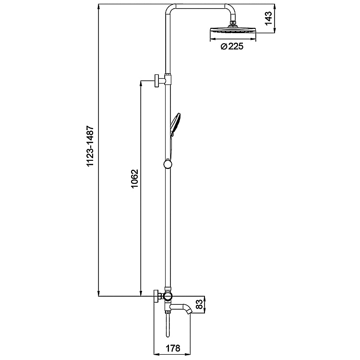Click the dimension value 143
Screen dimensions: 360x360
click(x=270, y=18)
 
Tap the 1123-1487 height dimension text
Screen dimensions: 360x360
click(x=90, y=147)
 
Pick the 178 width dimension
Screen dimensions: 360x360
click(x=173, y=349)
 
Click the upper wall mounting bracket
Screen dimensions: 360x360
click(x=157, y=80)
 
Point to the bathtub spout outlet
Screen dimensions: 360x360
click(x=190, y=312)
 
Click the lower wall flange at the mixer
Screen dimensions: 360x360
click(x=156, y=296)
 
